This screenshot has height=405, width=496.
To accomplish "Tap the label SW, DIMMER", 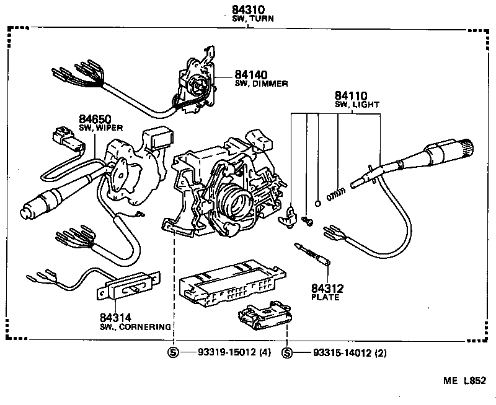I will (261, 84).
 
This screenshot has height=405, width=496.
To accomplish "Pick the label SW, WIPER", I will (100, 128).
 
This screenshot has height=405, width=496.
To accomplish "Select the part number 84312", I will (327, 288).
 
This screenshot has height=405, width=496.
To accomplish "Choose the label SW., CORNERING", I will (135, 326).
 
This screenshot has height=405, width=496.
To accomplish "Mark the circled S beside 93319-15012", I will (174, 353).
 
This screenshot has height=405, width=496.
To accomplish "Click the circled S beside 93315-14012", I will (287, 353).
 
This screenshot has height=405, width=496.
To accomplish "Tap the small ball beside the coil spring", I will (317, 202).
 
